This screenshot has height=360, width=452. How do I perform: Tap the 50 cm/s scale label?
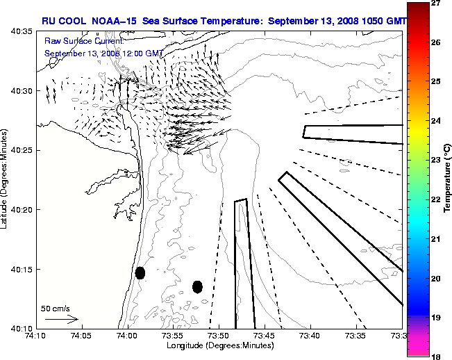(54, 308)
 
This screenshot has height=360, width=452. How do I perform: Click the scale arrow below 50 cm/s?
(62, 319)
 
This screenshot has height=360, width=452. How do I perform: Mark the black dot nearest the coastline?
(140, 272)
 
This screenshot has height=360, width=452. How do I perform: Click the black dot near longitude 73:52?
(197, 286)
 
